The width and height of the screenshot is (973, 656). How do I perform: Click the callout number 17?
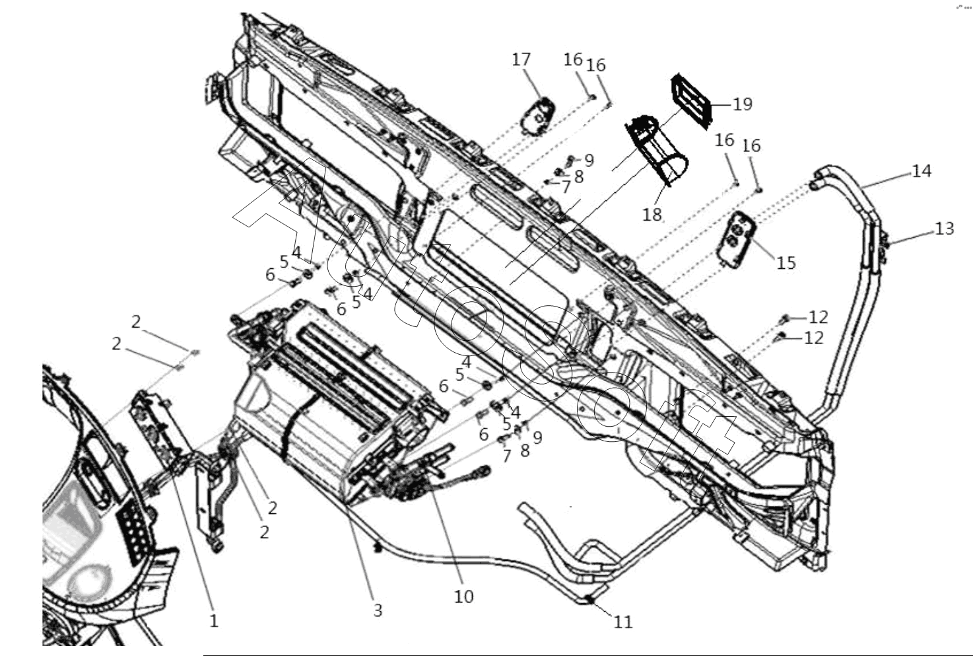[x=521, y=59]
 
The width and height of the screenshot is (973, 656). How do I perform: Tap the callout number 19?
[x=743, y=104]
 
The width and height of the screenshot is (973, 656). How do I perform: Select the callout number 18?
[x=652, y=214]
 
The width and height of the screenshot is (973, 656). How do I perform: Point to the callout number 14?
[x=922, y=171]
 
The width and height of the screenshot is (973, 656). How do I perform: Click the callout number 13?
[x=945, y=229]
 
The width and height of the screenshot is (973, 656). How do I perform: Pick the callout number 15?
[x=786, y=263]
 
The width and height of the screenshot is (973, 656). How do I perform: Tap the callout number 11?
[x=623, y=622]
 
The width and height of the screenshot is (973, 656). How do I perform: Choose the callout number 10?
[x=464, y=597]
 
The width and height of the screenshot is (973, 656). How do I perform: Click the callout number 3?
[x=378, y=610]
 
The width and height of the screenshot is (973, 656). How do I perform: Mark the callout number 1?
[x=214, y=621]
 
